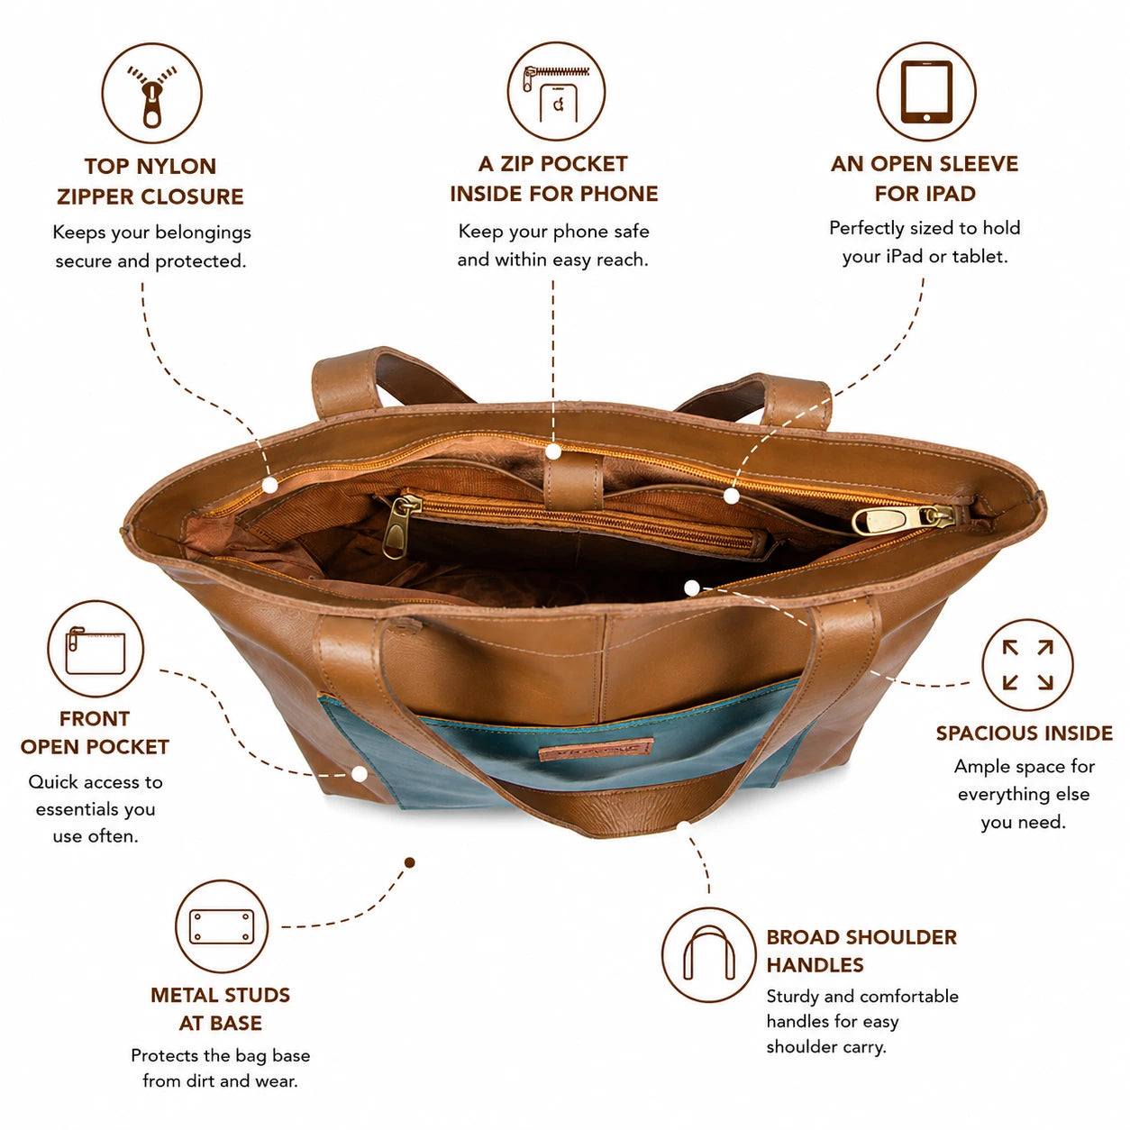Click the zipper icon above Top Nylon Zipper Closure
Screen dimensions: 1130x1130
point(152,93)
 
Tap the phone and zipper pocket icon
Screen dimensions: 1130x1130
point(556,91)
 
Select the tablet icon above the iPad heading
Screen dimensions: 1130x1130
point(926,91)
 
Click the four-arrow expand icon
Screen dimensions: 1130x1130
point(1027,664)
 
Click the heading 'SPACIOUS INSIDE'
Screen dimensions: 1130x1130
point(1024,733)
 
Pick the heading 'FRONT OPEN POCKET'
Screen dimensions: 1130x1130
point(95,733)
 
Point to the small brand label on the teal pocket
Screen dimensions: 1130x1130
point(597,749)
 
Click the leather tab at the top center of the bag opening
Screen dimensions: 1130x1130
point(573,481)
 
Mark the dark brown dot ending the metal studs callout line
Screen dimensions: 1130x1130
point(410,862)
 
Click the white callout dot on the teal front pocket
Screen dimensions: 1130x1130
point(360,774)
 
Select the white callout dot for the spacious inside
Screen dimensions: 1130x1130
point(692,588)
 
